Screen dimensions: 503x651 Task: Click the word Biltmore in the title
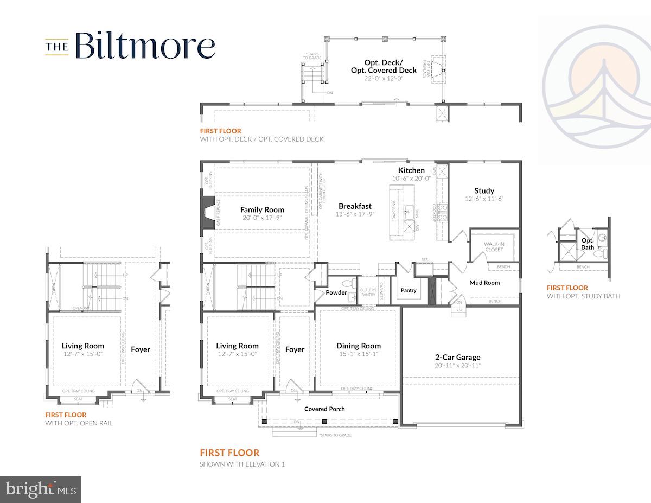[x=145, y=46]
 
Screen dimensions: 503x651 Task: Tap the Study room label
[x=484, y=190]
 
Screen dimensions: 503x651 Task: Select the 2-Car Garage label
[x=457, y=357]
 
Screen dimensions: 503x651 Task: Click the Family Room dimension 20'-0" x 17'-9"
[x=262, y=218]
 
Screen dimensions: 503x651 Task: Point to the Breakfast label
[x=355, y=206]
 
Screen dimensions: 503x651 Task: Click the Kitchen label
[x=411, y=170]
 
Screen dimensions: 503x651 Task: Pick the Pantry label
[x=409, y=290]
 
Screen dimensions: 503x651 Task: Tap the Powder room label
[x=336, y=292]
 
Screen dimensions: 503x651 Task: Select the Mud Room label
[x=484, y=283]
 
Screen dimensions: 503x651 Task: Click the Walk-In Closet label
[x=494, y=247]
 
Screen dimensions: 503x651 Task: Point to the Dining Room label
[x=358, y=346]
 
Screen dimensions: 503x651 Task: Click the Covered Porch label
[x=324, y=409]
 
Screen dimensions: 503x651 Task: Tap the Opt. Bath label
[x=588, y=244]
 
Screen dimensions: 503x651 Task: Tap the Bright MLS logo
[x=41, y=489]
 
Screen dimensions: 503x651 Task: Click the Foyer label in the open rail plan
[x=141, y=349]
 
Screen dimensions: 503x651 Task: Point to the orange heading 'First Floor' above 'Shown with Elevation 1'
[x=229, y=453]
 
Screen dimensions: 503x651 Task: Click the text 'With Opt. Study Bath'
[x=583, y=296]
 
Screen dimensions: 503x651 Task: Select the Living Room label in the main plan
[x=237, y=346]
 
